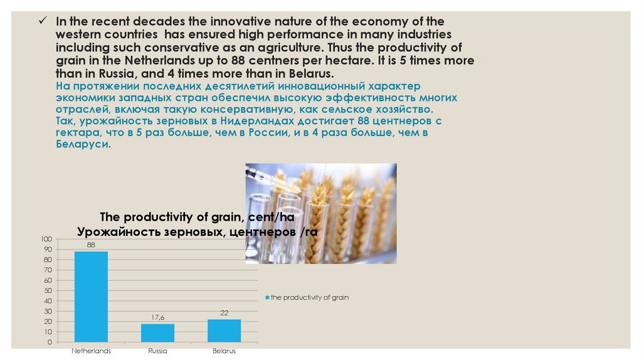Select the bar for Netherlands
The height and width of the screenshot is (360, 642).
[91, 297]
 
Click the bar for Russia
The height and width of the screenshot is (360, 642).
[157, 333]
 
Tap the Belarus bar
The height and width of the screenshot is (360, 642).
[224, 331]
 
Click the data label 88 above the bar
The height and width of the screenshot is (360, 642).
[91, 245]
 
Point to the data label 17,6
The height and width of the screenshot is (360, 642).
[157, 318]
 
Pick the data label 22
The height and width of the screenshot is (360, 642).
[224, 313]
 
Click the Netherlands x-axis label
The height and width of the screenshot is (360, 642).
[91, 351]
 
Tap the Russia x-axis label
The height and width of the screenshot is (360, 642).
[157, 351]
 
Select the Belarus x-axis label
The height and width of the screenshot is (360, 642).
[224, 351]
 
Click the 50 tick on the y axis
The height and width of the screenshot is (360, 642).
[48, 291]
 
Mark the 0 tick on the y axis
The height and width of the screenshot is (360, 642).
[50, 342]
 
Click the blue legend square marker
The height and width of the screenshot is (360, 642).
[267, 297]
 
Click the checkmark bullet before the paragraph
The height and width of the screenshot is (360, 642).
[43, 21]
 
